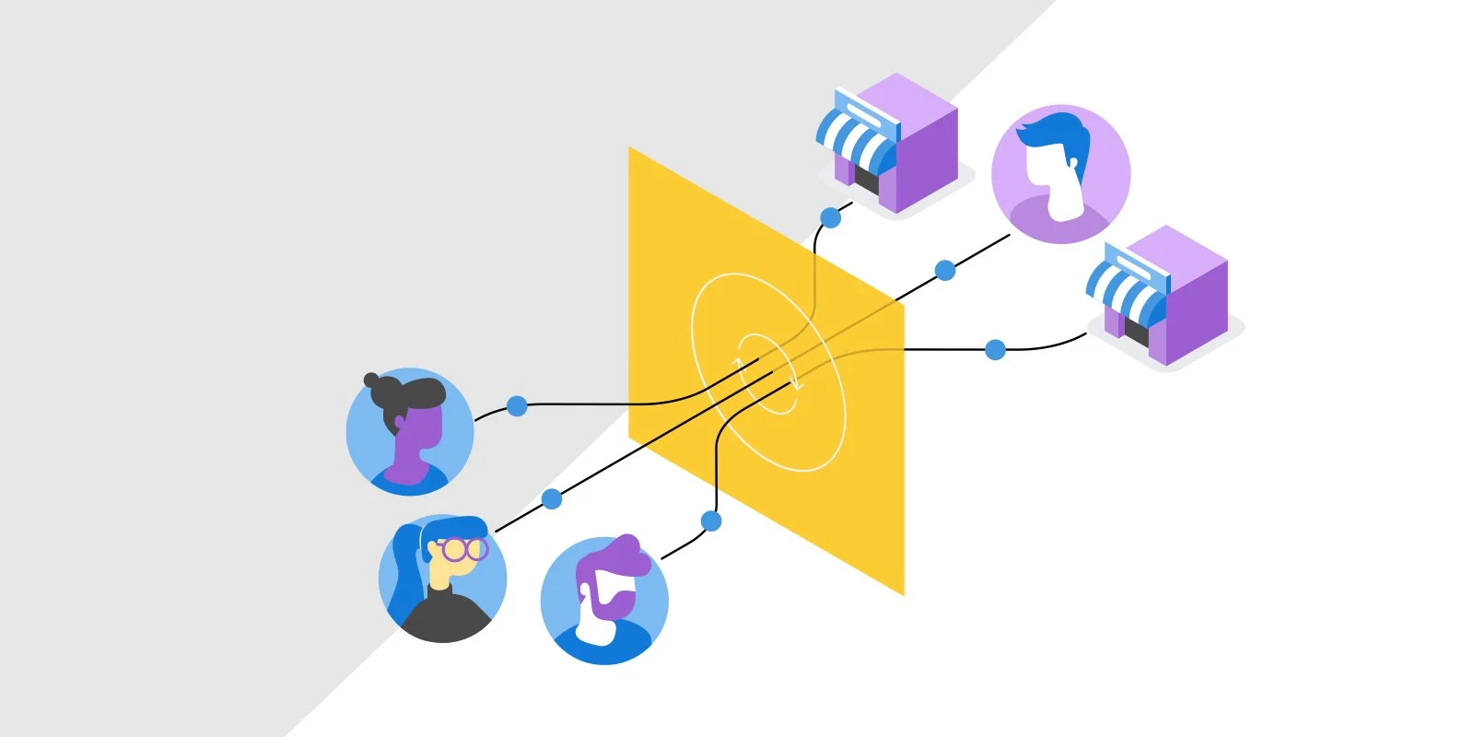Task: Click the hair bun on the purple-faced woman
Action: (371, 380)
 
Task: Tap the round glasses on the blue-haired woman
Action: (463, 550)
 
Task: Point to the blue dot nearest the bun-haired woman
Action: (517, 405)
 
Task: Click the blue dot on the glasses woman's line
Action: (551, 499)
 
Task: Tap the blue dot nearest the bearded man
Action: (710, 521)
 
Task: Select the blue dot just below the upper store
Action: (830, 218)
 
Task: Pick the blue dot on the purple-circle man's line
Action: (944, 270)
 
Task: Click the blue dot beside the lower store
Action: (995, 350)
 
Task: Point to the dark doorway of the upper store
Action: (865, 180)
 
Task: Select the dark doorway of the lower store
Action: (1136, 330)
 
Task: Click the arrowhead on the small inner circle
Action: (798, 385)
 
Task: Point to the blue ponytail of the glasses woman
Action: (404, 571)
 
